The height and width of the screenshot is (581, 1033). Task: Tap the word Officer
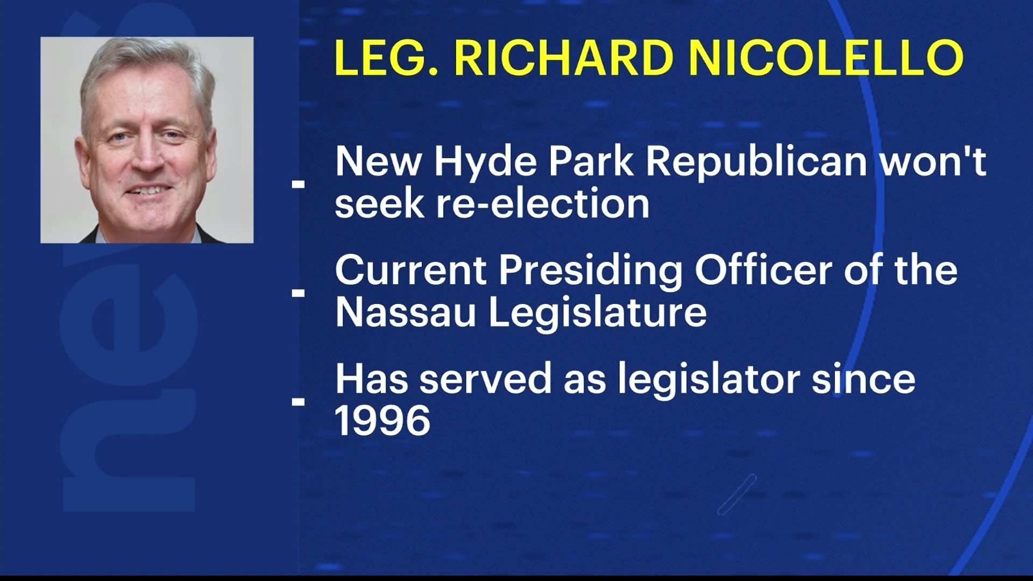(763, 270)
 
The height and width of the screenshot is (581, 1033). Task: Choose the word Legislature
(597, 314)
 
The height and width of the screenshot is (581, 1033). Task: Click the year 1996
(383, 421)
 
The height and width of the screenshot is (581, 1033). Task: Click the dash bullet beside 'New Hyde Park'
(298, 184)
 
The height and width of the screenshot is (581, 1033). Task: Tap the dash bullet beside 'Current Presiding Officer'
(298, 293)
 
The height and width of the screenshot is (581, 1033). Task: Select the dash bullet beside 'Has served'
(298, 401)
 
